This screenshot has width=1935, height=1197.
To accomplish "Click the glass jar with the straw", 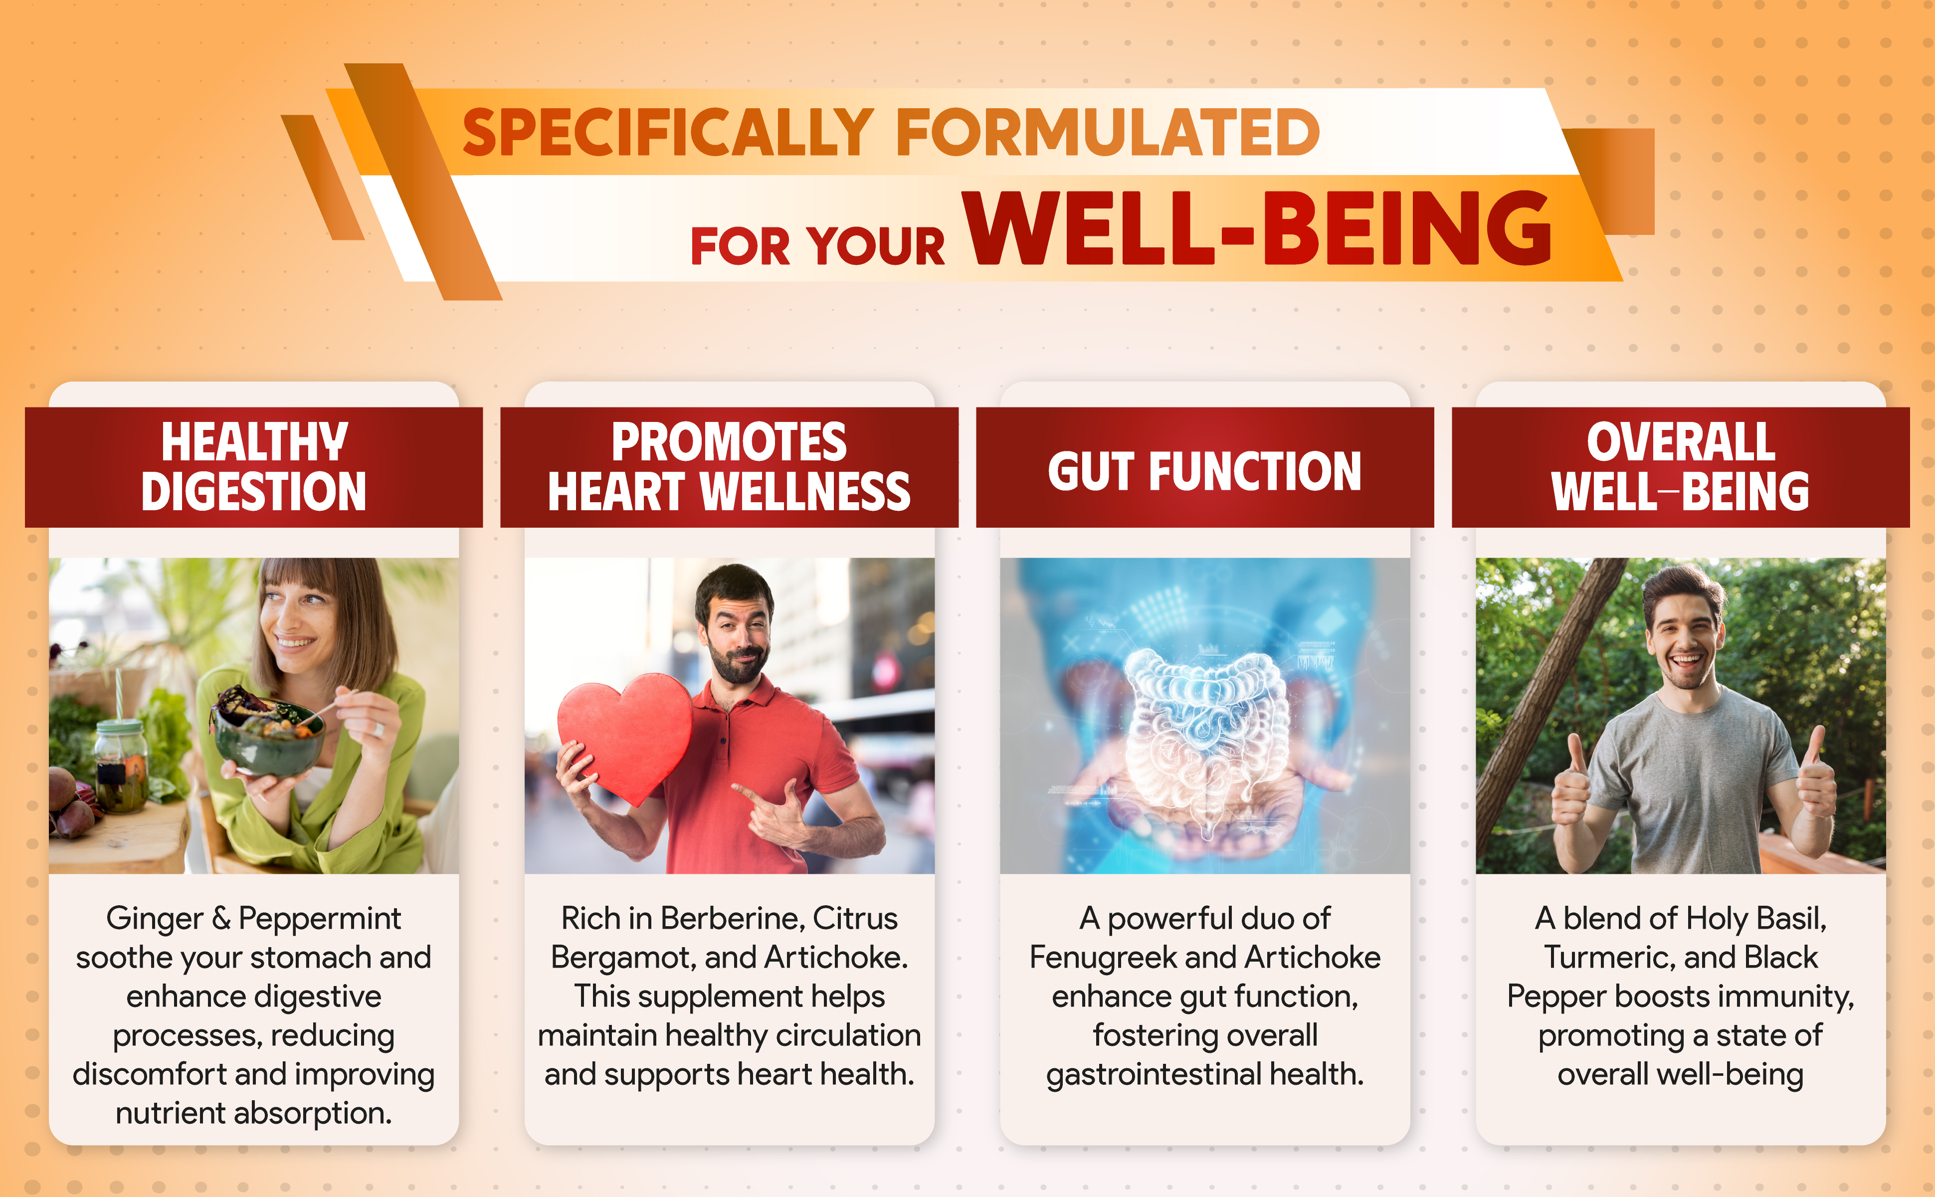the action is click(x=121, y=764).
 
